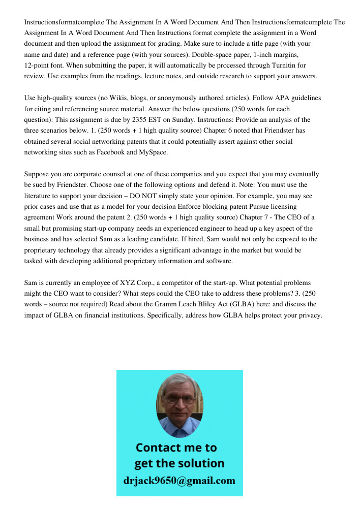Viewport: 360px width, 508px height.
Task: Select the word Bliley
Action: (x=232, y=304)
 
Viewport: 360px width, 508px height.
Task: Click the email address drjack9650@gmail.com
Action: (x=179, y=481)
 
